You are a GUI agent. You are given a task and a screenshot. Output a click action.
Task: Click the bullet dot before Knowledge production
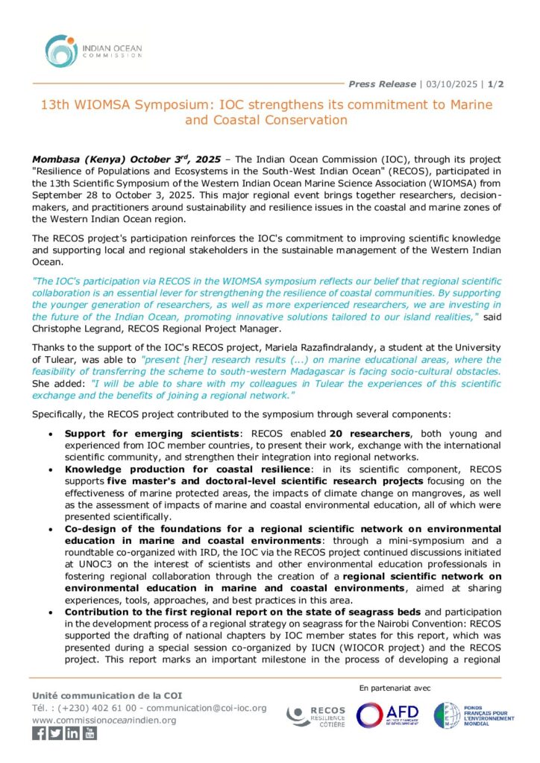tap(50, 469)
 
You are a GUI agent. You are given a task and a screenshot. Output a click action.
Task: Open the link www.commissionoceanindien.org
tap(104, 720)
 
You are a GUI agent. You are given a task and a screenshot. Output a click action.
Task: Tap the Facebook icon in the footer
tap(39, 733)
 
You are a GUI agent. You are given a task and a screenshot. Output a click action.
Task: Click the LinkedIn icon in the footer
tap(72, 733)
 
